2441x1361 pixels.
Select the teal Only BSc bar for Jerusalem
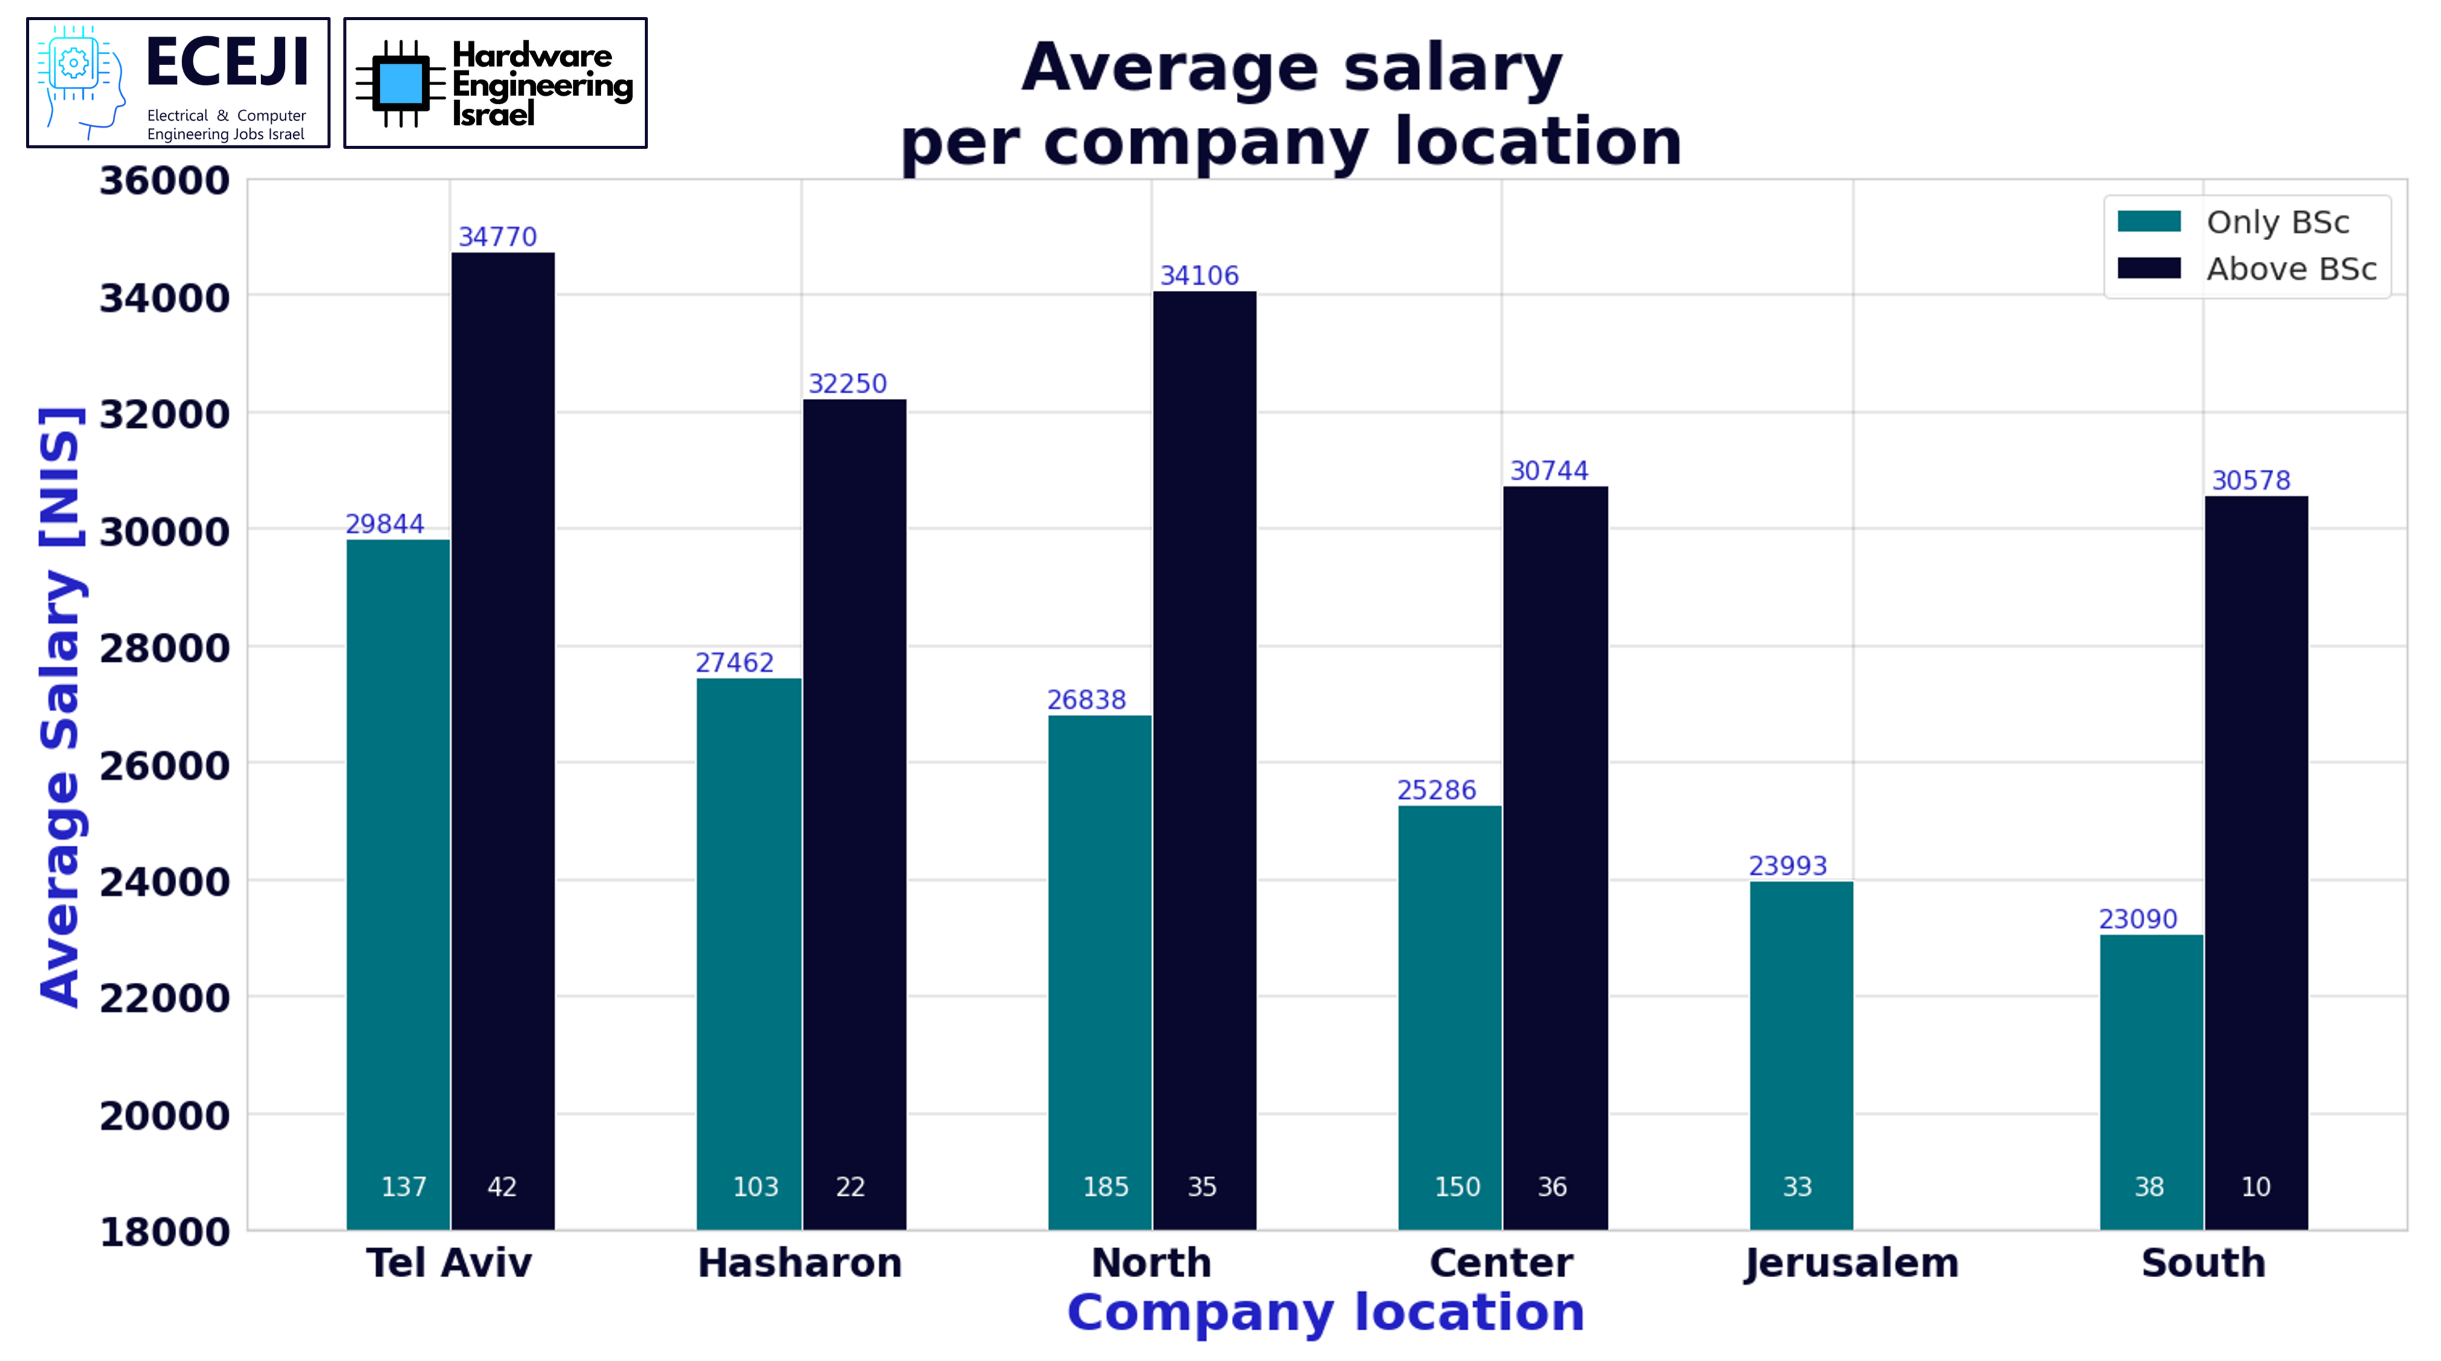click(x=1800, y=1052)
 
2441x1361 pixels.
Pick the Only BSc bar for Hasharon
click(x=749, y=948)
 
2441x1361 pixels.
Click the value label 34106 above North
click(x=1199, y=276)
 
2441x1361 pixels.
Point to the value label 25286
click(x=1436, y=790)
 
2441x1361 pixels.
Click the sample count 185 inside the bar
click(x=1105, y=1187)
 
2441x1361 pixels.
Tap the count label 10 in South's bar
click(x=2255, y=1187)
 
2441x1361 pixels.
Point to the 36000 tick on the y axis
click(x=165, y=181)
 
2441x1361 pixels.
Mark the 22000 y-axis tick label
click(x=165, y=998)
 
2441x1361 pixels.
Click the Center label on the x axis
click(x=1501, y=1263)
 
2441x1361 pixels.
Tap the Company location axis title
click(x=1325, y=1313)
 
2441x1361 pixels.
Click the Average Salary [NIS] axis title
click(x=61, y=706)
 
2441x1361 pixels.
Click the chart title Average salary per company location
click(x=1290, y=104)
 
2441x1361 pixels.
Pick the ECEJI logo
click(x=178, y=83)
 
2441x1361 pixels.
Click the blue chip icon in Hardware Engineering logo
click(x=400, y=83)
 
